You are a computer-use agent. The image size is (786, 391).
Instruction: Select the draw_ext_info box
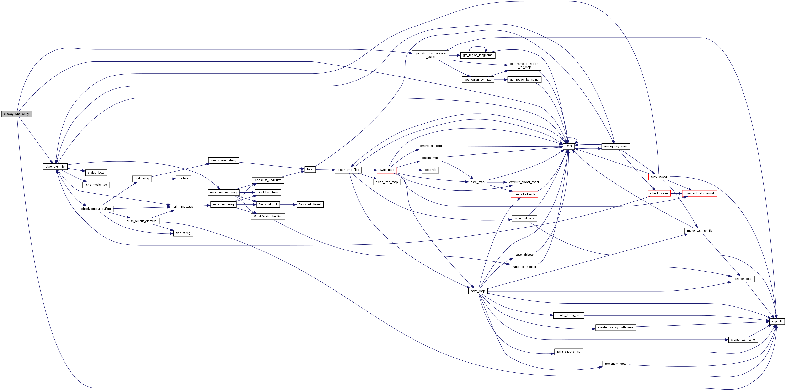click(x=55, y=167)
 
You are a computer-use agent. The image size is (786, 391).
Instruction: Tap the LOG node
click(x=568, y=147)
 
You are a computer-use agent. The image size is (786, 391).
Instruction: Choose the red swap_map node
click(x=387, y=170)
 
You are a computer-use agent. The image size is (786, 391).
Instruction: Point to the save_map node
click(x=478, y=291)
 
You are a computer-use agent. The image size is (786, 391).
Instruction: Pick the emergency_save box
click(x=615, y=147)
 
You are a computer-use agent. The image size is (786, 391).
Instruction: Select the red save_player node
click(x=659, y=177)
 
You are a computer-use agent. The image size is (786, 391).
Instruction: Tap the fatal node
click(x=310, y=169)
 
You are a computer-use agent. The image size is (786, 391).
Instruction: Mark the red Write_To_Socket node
click(x=524, y=267)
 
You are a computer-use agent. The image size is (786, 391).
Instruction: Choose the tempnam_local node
click(x=615, y=364)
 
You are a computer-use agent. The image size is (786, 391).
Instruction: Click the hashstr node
click(x=183, y=179)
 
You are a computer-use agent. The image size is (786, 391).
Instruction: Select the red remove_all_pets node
click(x=430, y=146)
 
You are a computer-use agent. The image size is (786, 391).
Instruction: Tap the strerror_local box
click(x=743, y=279)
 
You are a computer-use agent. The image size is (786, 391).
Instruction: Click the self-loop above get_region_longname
click(x=478, y=47)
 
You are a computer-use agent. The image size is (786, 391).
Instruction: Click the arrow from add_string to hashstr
click(x=164, y=179)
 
